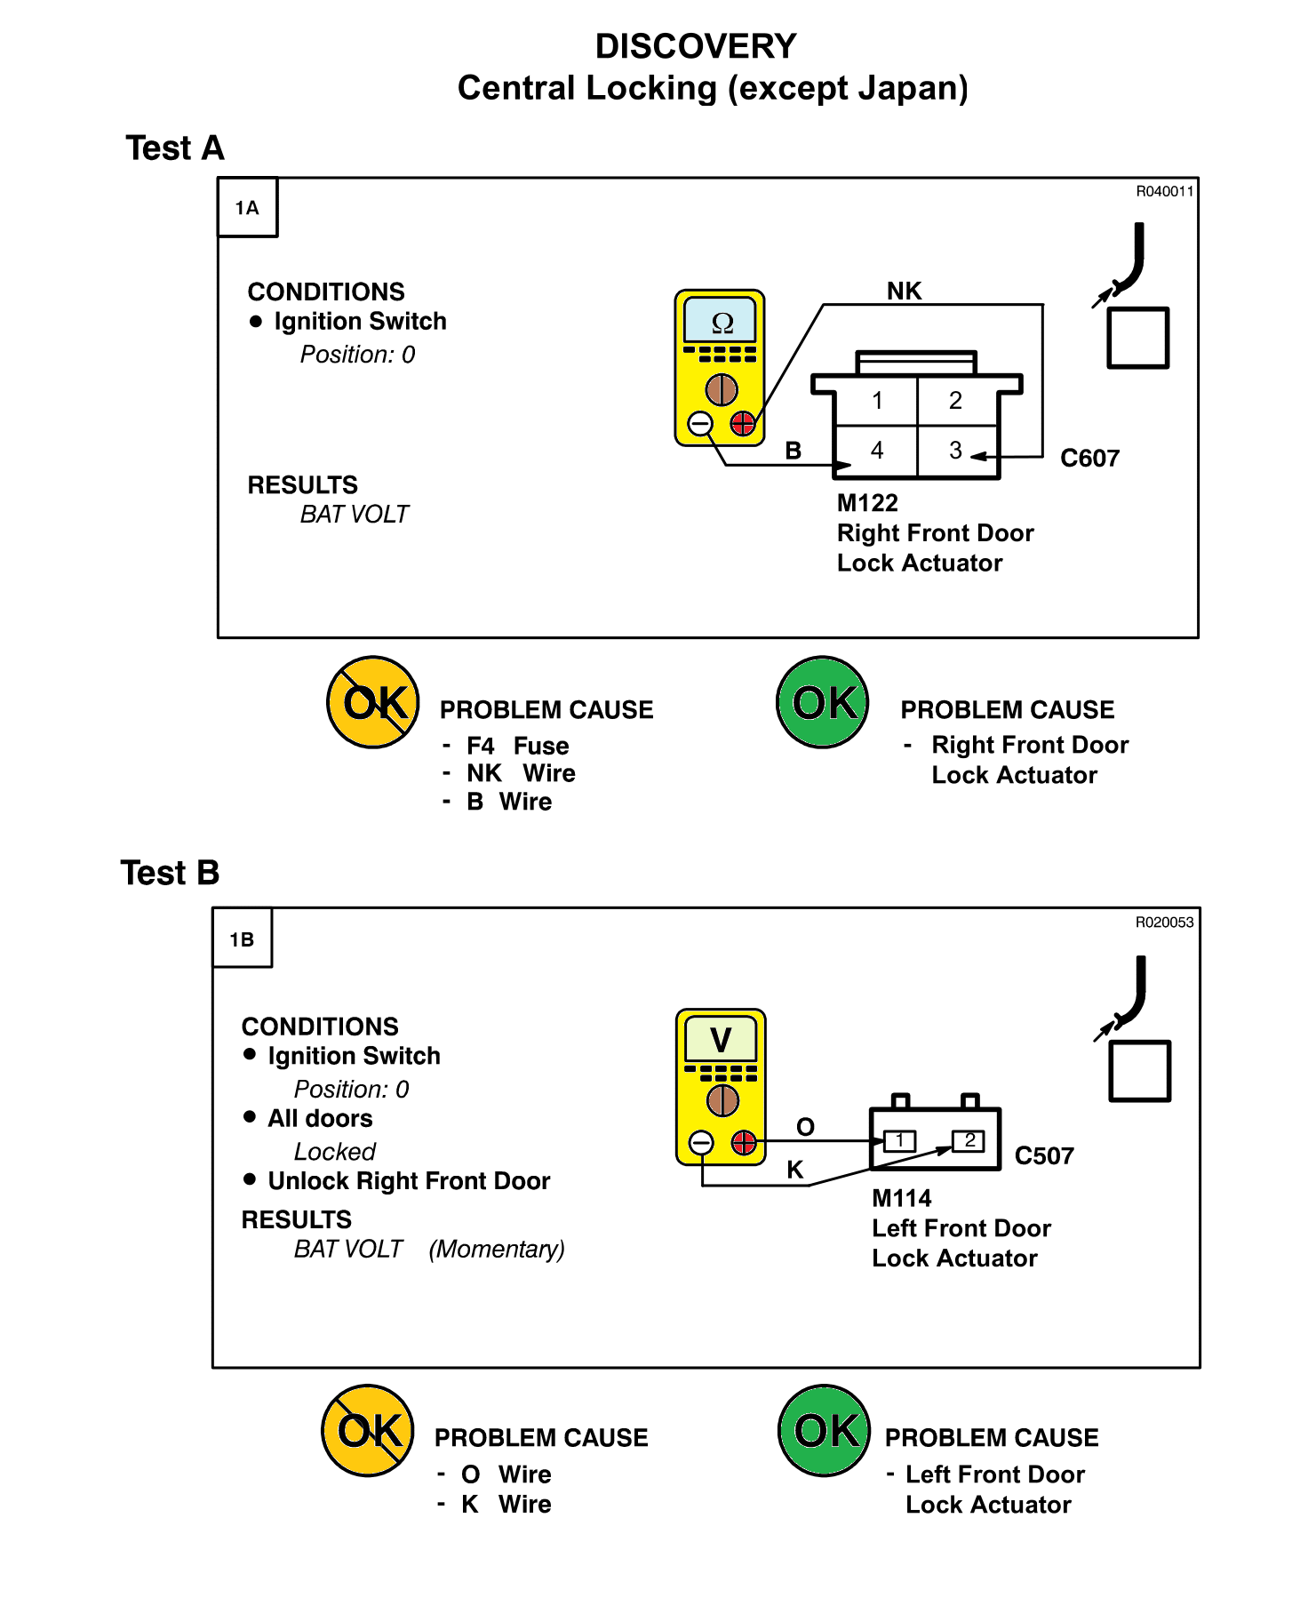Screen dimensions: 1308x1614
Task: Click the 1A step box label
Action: coord(247,208)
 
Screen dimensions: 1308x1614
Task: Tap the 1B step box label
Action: coord(242,939)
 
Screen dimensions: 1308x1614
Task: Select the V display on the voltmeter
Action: coord(721,1039)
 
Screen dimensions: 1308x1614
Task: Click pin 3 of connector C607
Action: coord(955,451)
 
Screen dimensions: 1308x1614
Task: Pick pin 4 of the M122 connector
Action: coord(877,451)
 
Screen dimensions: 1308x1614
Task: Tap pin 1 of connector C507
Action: coord(900,1140)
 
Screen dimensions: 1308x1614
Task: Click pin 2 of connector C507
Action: coord(969,1140)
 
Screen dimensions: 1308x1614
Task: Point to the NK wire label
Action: coord(905,291)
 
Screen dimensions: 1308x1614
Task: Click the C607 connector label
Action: coord(1089,459)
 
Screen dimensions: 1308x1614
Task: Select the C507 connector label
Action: coord(1044,1155)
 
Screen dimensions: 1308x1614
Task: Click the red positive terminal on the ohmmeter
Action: coord(743,424)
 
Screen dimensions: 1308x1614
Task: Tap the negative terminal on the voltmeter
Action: coord(701,1143)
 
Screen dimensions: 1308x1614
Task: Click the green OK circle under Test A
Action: coord(822,702)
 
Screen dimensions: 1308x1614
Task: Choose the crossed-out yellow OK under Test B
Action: coord(367,1430)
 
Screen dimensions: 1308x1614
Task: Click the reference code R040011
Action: coord(1165,191)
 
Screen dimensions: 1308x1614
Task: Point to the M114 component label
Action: coord(901,1198)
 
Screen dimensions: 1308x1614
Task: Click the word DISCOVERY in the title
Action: coord(696,46)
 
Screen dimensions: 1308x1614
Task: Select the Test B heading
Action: coord(170,873)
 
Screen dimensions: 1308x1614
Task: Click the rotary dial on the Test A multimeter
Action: coord(722,389)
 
